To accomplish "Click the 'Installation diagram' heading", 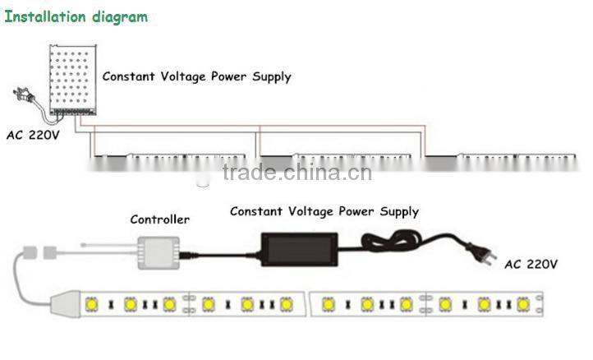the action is pos(76,16).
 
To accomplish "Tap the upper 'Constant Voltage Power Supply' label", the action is pos(196,77).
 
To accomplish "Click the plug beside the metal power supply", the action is pos(22,97).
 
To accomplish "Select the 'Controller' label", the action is pos(159,219).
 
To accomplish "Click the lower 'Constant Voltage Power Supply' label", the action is pos(324,212).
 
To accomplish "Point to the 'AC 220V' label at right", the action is pos(531,265).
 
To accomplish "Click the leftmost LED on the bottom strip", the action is pos(90,305).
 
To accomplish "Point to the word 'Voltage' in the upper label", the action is pos(191,77).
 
